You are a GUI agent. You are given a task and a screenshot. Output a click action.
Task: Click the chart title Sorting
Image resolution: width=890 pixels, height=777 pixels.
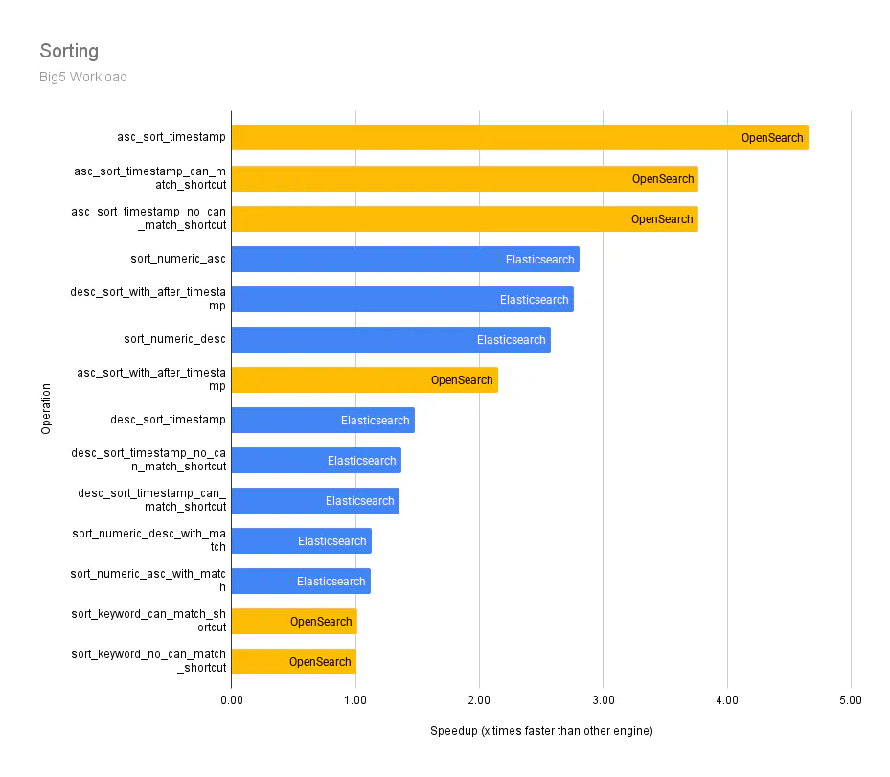tap(69, 51)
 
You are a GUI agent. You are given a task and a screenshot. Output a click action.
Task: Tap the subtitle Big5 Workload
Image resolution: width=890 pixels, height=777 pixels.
tap(83, 77)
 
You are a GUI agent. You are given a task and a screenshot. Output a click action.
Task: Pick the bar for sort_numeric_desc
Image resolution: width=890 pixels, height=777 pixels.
tap(391, 339)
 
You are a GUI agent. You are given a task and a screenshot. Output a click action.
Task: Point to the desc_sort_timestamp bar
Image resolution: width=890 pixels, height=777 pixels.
tap(323, 420)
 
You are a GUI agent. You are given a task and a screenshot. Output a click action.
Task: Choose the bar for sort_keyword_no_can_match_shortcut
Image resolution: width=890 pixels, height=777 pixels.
tap(293, 661)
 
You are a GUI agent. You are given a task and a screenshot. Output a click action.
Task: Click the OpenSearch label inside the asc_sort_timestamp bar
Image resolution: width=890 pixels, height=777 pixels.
tap(772, 138)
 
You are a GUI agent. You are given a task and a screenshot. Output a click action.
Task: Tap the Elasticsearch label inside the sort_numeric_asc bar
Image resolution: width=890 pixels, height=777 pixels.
tap(540, 260)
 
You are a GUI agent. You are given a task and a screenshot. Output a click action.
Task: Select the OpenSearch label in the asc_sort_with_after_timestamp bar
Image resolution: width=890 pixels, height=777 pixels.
tap(462, 380)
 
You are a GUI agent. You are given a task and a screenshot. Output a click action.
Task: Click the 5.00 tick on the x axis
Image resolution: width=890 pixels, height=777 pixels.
tap(851, 700)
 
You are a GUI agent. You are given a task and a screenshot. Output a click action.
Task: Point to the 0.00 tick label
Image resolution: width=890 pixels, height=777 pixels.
tap(232, 700)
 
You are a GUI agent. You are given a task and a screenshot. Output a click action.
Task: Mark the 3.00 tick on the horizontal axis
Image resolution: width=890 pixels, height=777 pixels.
tap(603, 700)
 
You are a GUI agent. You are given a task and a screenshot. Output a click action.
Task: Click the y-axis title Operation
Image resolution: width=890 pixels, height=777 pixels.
tap(46, 409)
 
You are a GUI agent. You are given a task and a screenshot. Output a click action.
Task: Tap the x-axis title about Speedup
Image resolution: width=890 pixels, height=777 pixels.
tap(541, 731)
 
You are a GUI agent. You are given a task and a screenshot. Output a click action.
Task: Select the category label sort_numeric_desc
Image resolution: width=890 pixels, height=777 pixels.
tap(175, 339)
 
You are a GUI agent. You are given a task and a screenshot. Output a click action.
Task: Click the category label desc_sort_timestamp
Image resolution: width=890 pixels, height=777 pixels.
tap(169, 420)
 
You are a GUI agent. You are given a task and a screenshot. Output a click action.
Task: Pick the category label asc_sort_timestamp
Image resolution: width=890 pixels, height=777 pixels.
tap(171, 137)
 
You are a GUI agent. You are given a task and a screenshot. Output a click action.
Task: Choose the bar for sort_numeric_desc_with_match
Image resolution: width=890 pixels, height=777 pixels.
tap(301, 540)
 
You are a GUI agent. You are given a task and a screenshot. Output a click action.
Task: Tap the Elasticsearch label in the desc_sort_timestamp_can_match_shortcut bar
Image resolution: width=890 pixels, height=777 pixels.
tap(359, 501)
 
